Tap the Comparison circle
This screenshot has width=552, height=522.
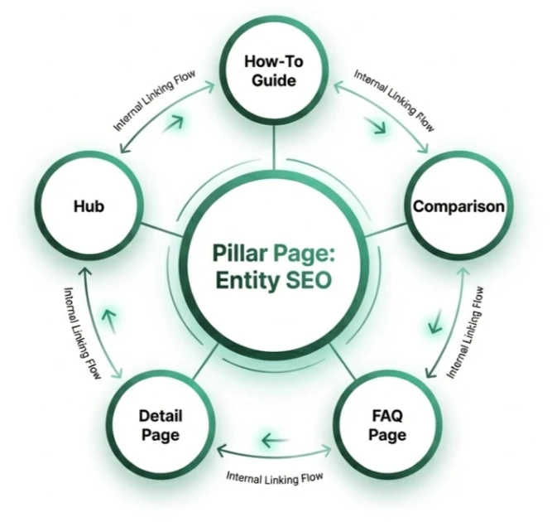coord(458,206)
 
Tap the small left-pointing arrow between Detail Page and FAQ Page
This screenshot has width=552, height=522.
coord(274,440)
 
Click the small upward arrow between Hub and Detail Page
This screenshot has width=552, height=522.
coord(108,316)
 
